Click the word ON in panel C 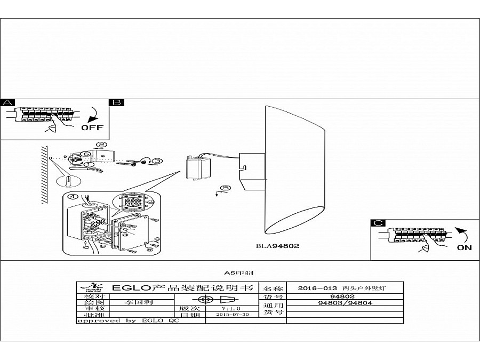(464, 247)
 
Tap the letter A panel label (7, 103)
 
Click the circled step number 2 (101, 145)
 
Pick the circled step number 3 (157, 161)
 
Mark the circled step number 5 (226, 188)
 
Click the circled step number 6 (85, 154)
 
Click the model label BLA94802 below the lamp (278, 246)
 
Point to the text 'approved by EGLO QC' (128, 321)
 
